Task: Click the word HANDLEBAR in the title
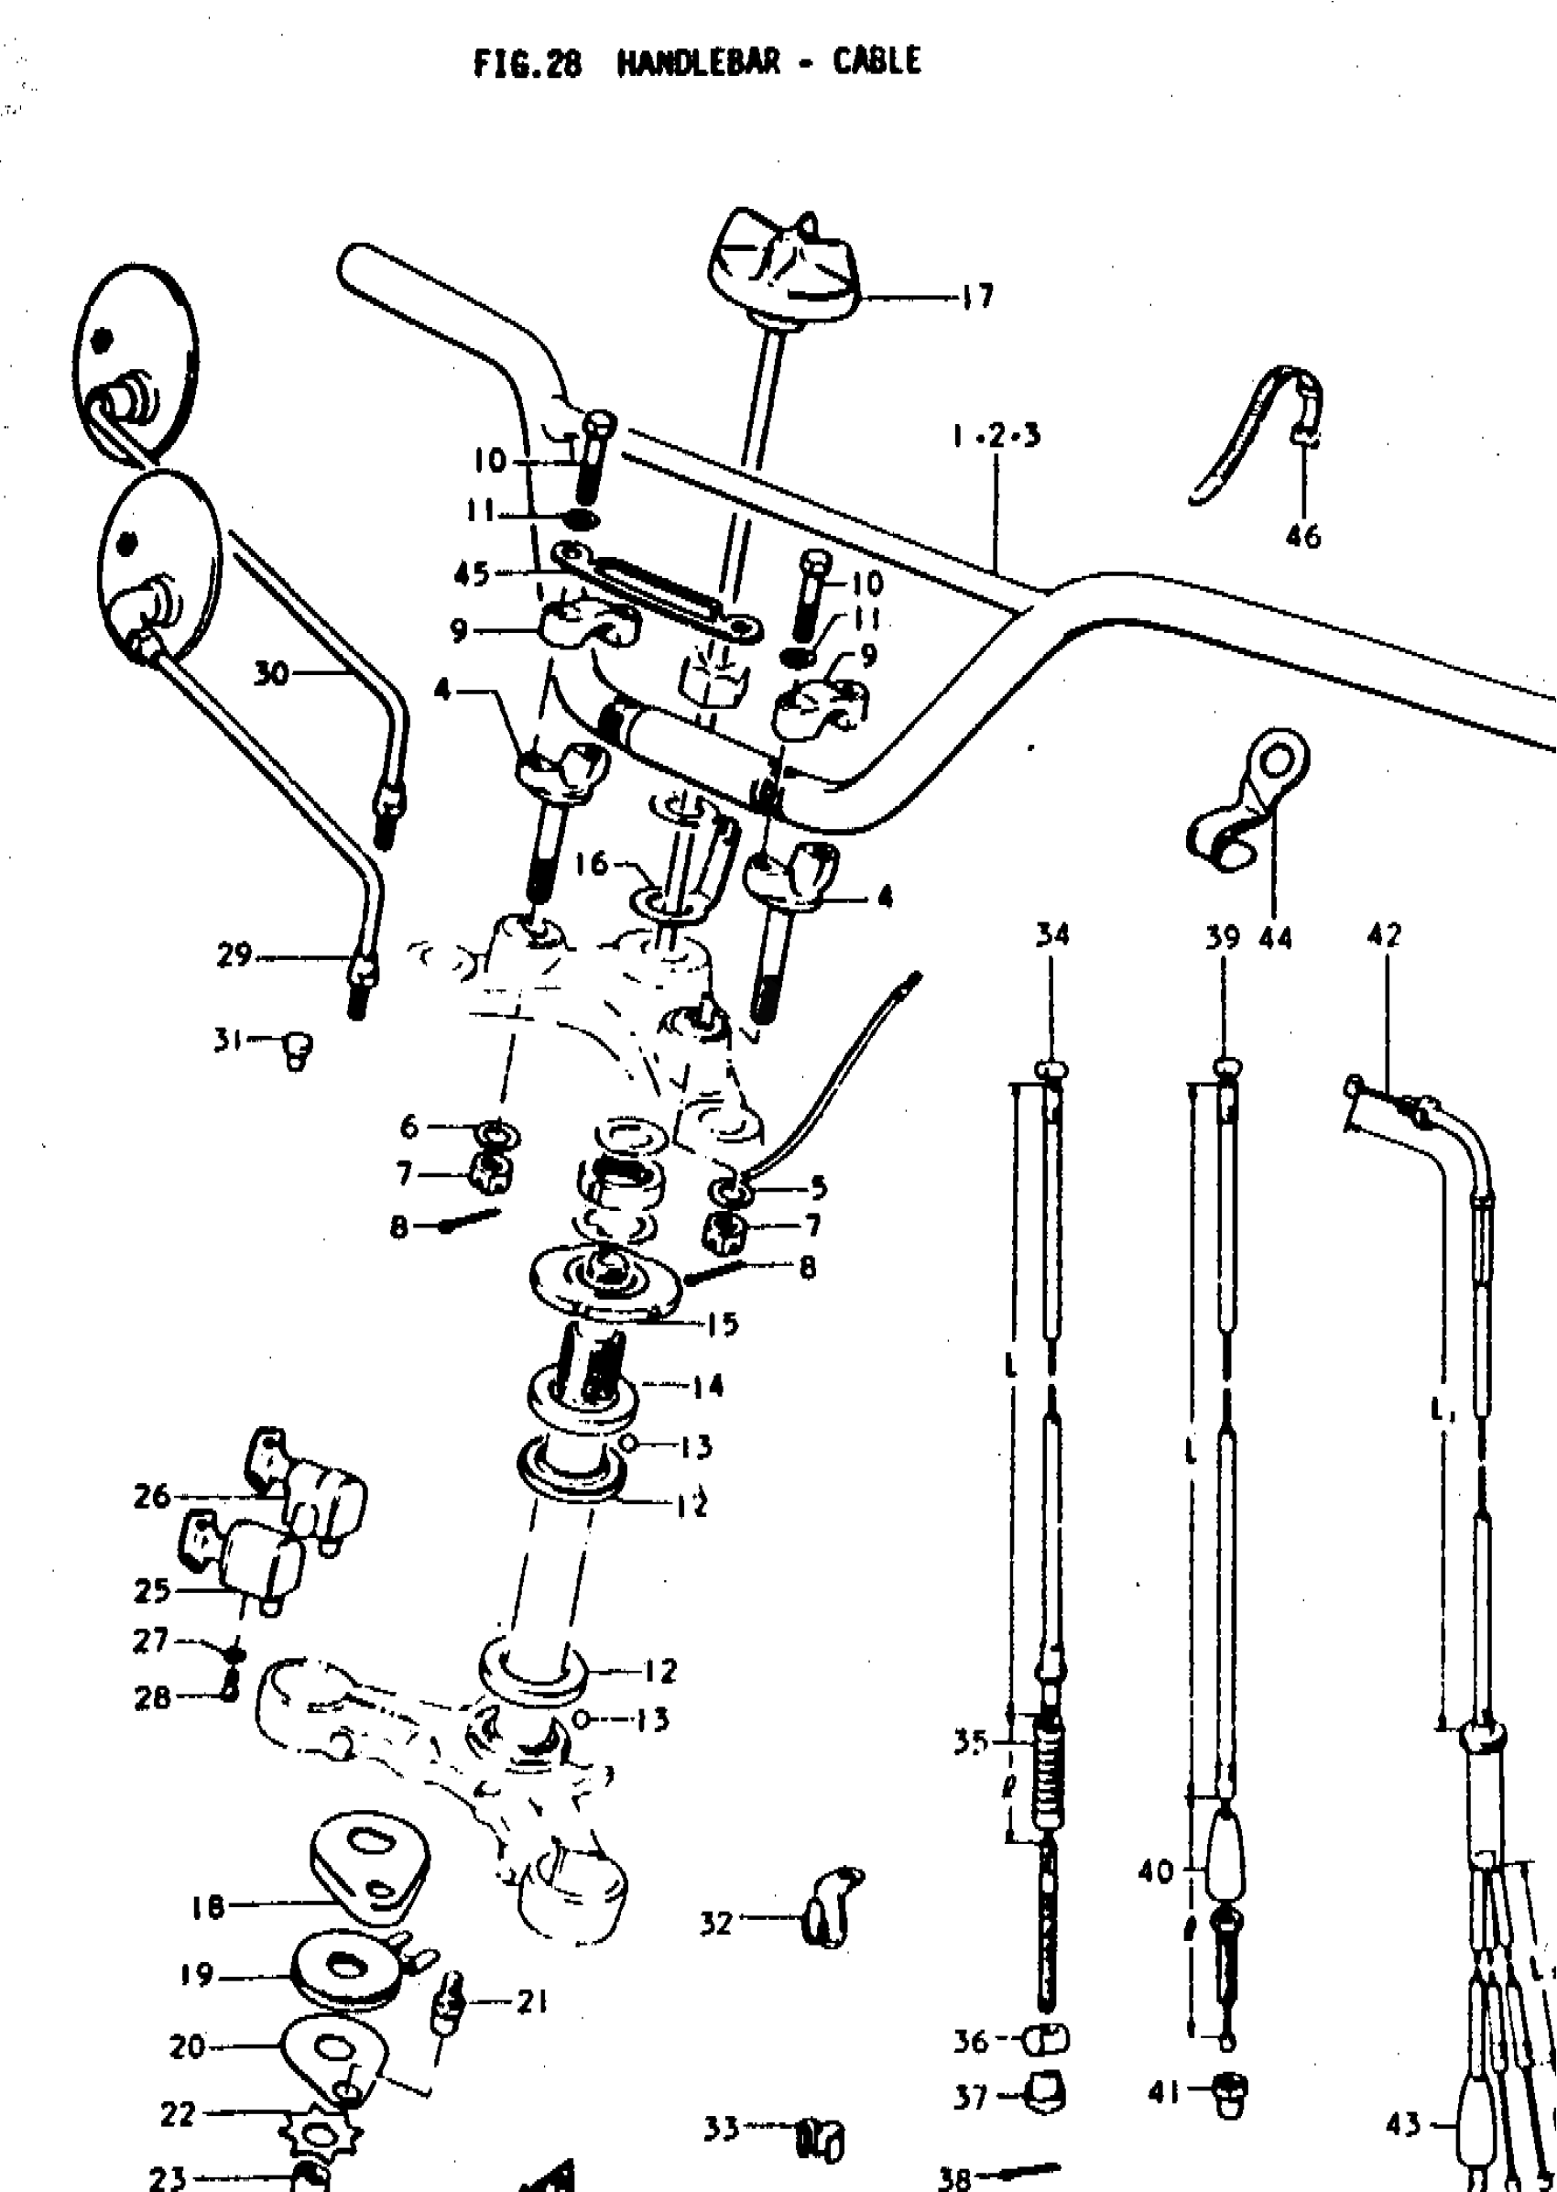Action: tap(698, 62)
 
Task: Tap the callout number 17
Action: tap(978, 296)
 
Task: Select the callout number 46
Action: tap(1303, 536)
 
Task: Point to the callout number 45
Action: tap(472, 573)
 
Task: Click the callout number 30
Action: tap(271, 673)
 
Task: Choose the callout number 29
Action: tap(234, 954)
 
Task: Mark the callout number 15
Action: tap(722, 1324)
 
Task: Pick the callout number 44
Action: tap(1275, 936)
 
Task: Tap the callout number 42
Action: tap(1384, 934)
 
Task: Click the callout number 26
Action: tap(151, 1495)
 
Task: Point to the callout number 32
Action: tap(716, 1923)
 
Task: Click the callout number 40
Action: tap(1156, 1870)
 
